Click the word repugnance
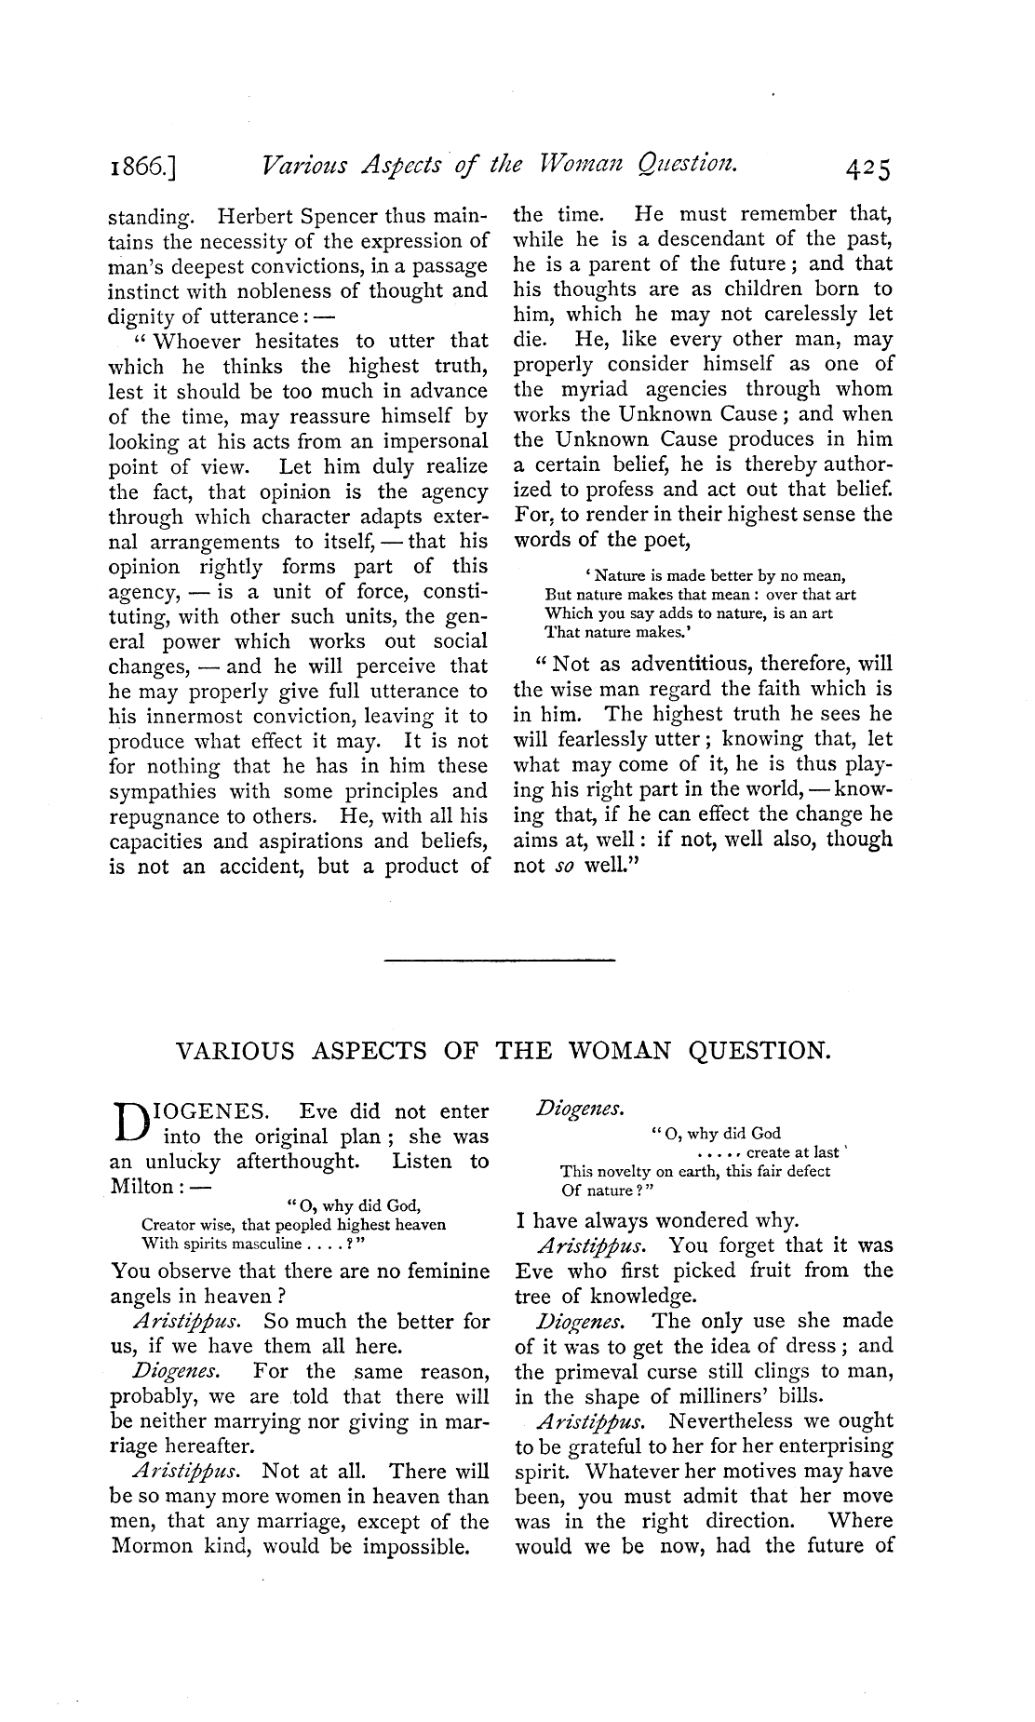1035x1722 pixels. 168,816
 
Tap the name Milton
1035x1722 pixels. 141,1186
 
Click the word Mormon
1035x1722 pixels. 158,1547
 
